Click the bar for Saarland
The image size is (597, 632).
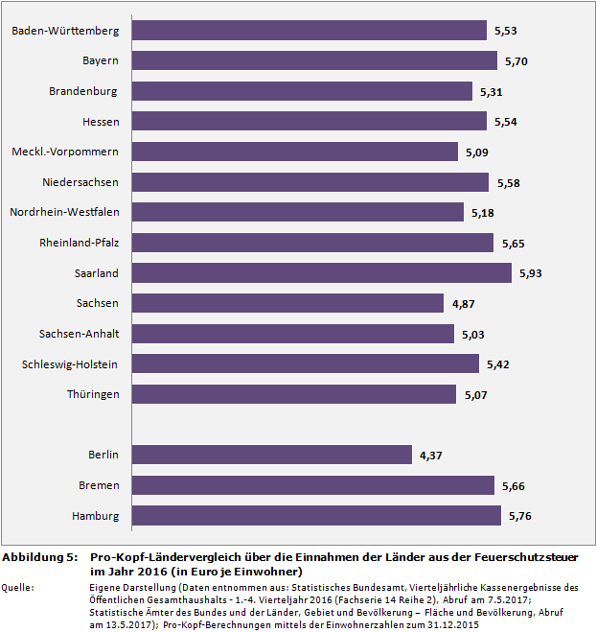321,273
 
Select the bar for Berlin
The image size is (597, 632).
271,456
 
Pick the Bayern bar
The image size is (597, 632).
314,60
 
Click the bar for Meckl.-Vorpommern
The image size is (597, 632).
294,152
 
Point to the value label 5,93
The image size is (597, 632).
530,273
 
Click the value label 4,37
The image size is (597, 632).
430,456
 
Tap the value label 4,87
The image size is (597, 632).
463,304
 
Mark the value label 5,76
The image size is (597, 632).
518,516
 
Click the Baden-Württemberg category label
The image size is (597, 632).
65,31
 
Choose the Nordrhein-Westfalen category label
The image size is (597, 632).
64,212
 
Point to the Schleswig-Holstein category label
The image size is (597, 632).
70,364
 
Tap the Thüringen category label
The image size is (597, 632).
93,394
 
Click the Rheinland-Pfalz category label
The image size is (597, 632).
79,243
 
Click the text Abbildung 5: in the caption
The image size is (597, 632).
39,557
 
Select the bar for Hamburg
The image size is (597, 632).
316,516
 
